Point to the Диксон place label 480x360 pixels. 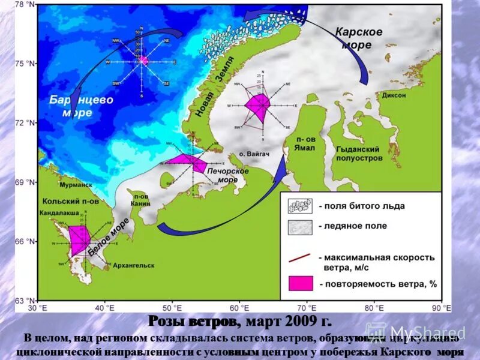click(393, 95)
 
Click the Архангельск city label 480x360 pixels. click(132, 265)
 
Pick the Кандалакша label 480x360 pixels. click(59, 213)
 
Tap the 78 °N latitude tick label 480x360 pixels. click(25, 5)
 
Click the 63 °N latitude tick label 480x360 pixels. click(25, 301)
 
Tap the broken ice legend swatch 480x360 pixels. click(300, 206)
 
